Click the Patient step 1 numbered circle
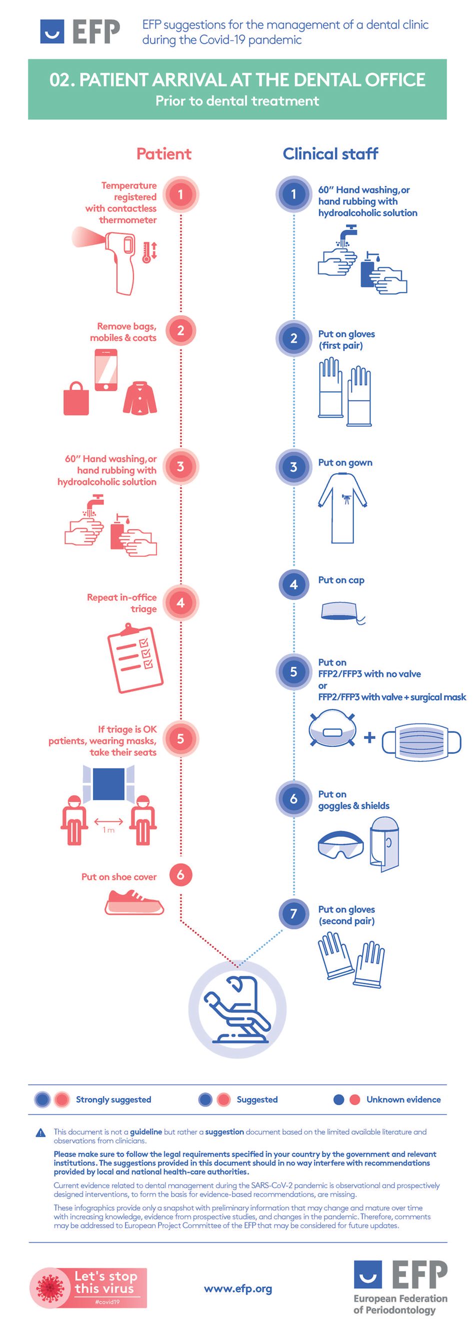click(180, 195)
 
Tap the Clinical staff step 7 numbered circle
click(293, 913)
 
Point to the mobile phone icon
click(106, 369)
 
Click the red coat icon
click(140, 398)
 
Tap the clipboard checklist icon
click(135, 658)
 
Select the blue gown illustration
click(342, 508)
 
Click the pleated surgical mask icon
click(421, 742)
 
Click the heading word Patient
click(163, 154)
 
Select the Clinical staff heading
click(330, 154)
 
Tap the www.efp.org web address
click(238, 1289)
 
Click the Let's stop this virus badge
click(88, 1287)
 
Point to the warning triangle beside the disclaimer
click(40, 1133)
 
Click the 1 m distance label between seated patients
click(108, 830)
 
